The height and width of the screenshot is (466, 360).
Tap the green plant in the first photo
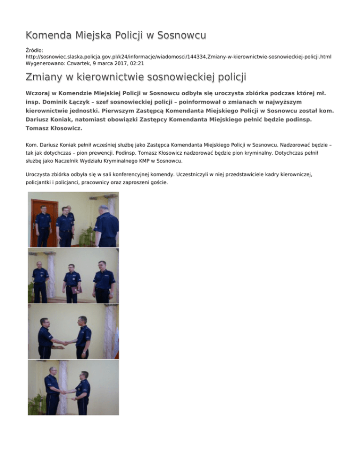coord(86,234)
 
